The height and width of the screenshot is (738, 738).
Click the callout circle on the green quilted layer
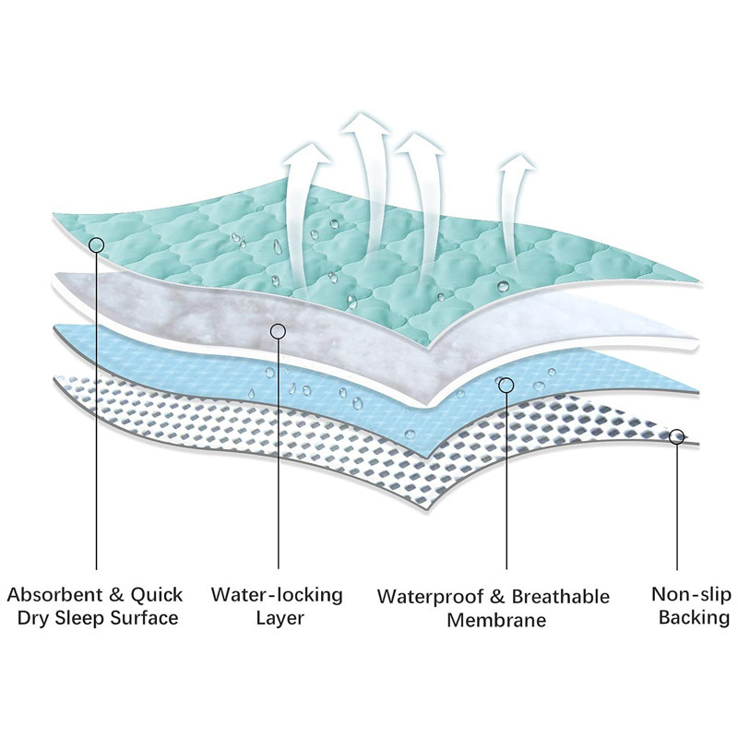pos(97,244)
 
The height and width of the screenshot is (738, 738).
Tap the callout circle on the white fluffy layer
pos(277,329)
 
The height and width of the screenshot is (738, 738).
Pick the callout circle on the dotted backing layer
pos(677,436)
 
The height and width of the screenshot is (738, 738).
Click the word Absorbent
pos(60,594)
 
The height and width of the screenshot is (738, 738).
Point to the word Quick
pos(157,594)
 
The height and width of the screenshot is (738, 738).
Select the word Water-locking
pos(277,594)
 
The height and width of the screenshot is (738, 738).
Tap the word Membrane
pos(496,620)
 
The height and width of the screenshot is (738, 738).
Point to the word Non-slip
pos(690,594)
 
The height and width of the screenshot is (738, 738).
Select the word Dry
pos(34,619)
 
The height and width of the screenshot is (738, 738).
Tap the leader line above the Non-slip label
pos(677,507)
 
